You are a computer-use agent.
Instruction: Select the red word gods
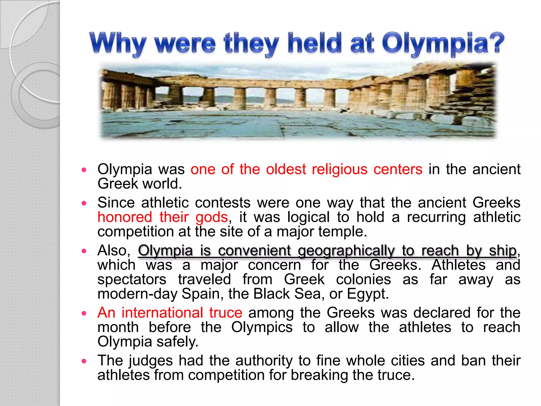(212, 217)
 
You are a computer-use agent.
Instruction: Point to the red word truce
(226, 313)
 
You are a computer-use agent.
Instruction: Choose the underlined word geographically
(346, 251)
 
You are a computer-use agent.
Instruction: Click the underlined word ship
(502, 251)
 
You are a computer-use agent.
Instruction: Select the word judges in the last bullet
(150, 361)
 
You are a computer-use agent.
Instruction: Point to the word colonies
(363, 279)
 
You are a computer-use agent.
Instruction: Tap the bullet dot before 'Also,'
(84, 251)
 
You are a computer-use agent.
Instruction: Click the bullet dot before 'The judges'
(84, 361)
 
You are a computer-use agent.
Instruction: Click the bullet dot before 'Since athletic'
(84, 203)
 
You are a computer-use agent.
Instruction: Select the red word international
(162, 313)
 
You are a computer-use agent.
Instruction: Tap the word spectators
(132, 279)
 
